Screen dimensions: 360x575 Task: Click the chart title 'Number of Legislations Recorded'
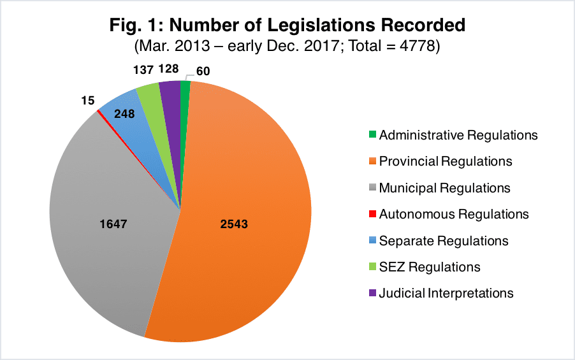click(x=287, y=26)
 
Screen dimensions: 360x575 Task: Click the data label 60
click(x=203, y=71)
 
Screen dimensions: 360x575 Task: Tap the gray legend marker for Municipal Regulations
click(x=372, y=188)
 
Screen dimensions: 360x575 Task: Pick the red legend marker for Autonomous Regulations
click(x=372, y=215)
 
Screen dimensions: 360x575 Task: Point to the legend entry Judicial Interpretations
click(x=446, y=293)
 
